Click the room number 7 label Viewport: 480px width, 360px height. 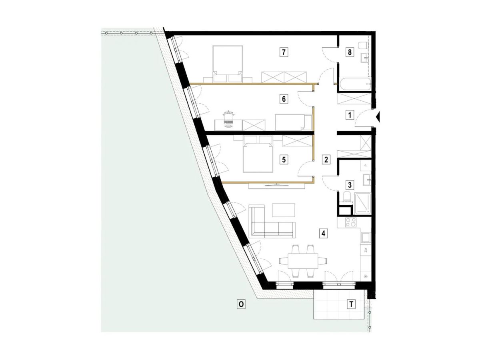tap(284, 52)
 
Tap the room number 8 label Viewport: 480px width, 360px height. tap(350, 52)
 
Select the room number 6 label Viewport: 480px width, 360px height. tap(284, 99)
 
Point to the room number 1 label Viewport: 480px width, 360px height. tap(350, 115)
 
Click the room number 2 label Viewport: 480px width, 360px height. tap(326, 160)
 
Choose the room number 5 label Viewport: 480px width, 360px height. tap(284, 160)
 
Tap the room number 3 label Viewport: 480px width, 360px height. tap(350, 185)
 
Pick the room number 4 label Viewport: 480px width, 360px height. tap(324, 234)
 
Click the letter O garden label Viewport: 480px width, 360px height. tap(241, 304)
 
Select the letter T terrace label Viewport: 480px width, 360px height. tap(351, 304)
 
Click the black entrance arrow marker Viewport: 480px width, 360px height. tap(378, 117)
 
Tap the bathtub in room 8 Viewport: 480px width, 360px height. tap(355, 84)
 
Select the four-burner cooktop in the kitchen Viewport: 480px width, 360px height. tap(350, 222)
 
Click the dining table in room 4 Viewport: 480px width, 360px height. tap(303, 261)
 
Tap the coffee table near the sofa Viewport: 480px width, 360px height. tap(284, 210)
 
